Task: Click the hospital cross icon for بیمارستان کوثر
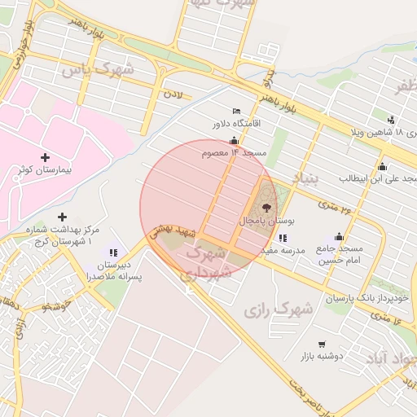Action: (x=45, y=156)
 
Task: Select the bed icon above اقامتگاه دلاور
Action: (x=236, y=111)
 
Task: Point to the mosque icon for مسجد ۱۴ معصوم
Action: (x=235, y=140)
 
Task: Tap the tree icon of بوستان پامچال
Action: (x=266, y=208)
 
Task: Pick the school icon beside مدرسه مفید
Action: (x=282, y=238)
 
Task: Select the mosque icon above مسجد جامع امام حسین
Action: (x=339, y=236)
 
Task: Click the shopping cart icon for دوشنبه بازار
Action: (x=323, y=344)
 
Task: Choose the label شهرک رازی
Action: (x=279, y=309)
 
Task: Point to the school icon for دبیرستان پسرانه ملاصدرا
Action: (x=112, y=253)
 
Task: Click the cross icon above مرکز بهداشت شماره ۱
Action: (x=63, y=217)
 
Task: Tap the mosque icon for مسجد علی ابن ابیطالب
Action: (x=382, y=166)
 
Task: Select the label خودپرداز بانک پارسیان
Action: (x=363, y=298)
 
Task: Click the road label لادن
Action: (x=173, y=94)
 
